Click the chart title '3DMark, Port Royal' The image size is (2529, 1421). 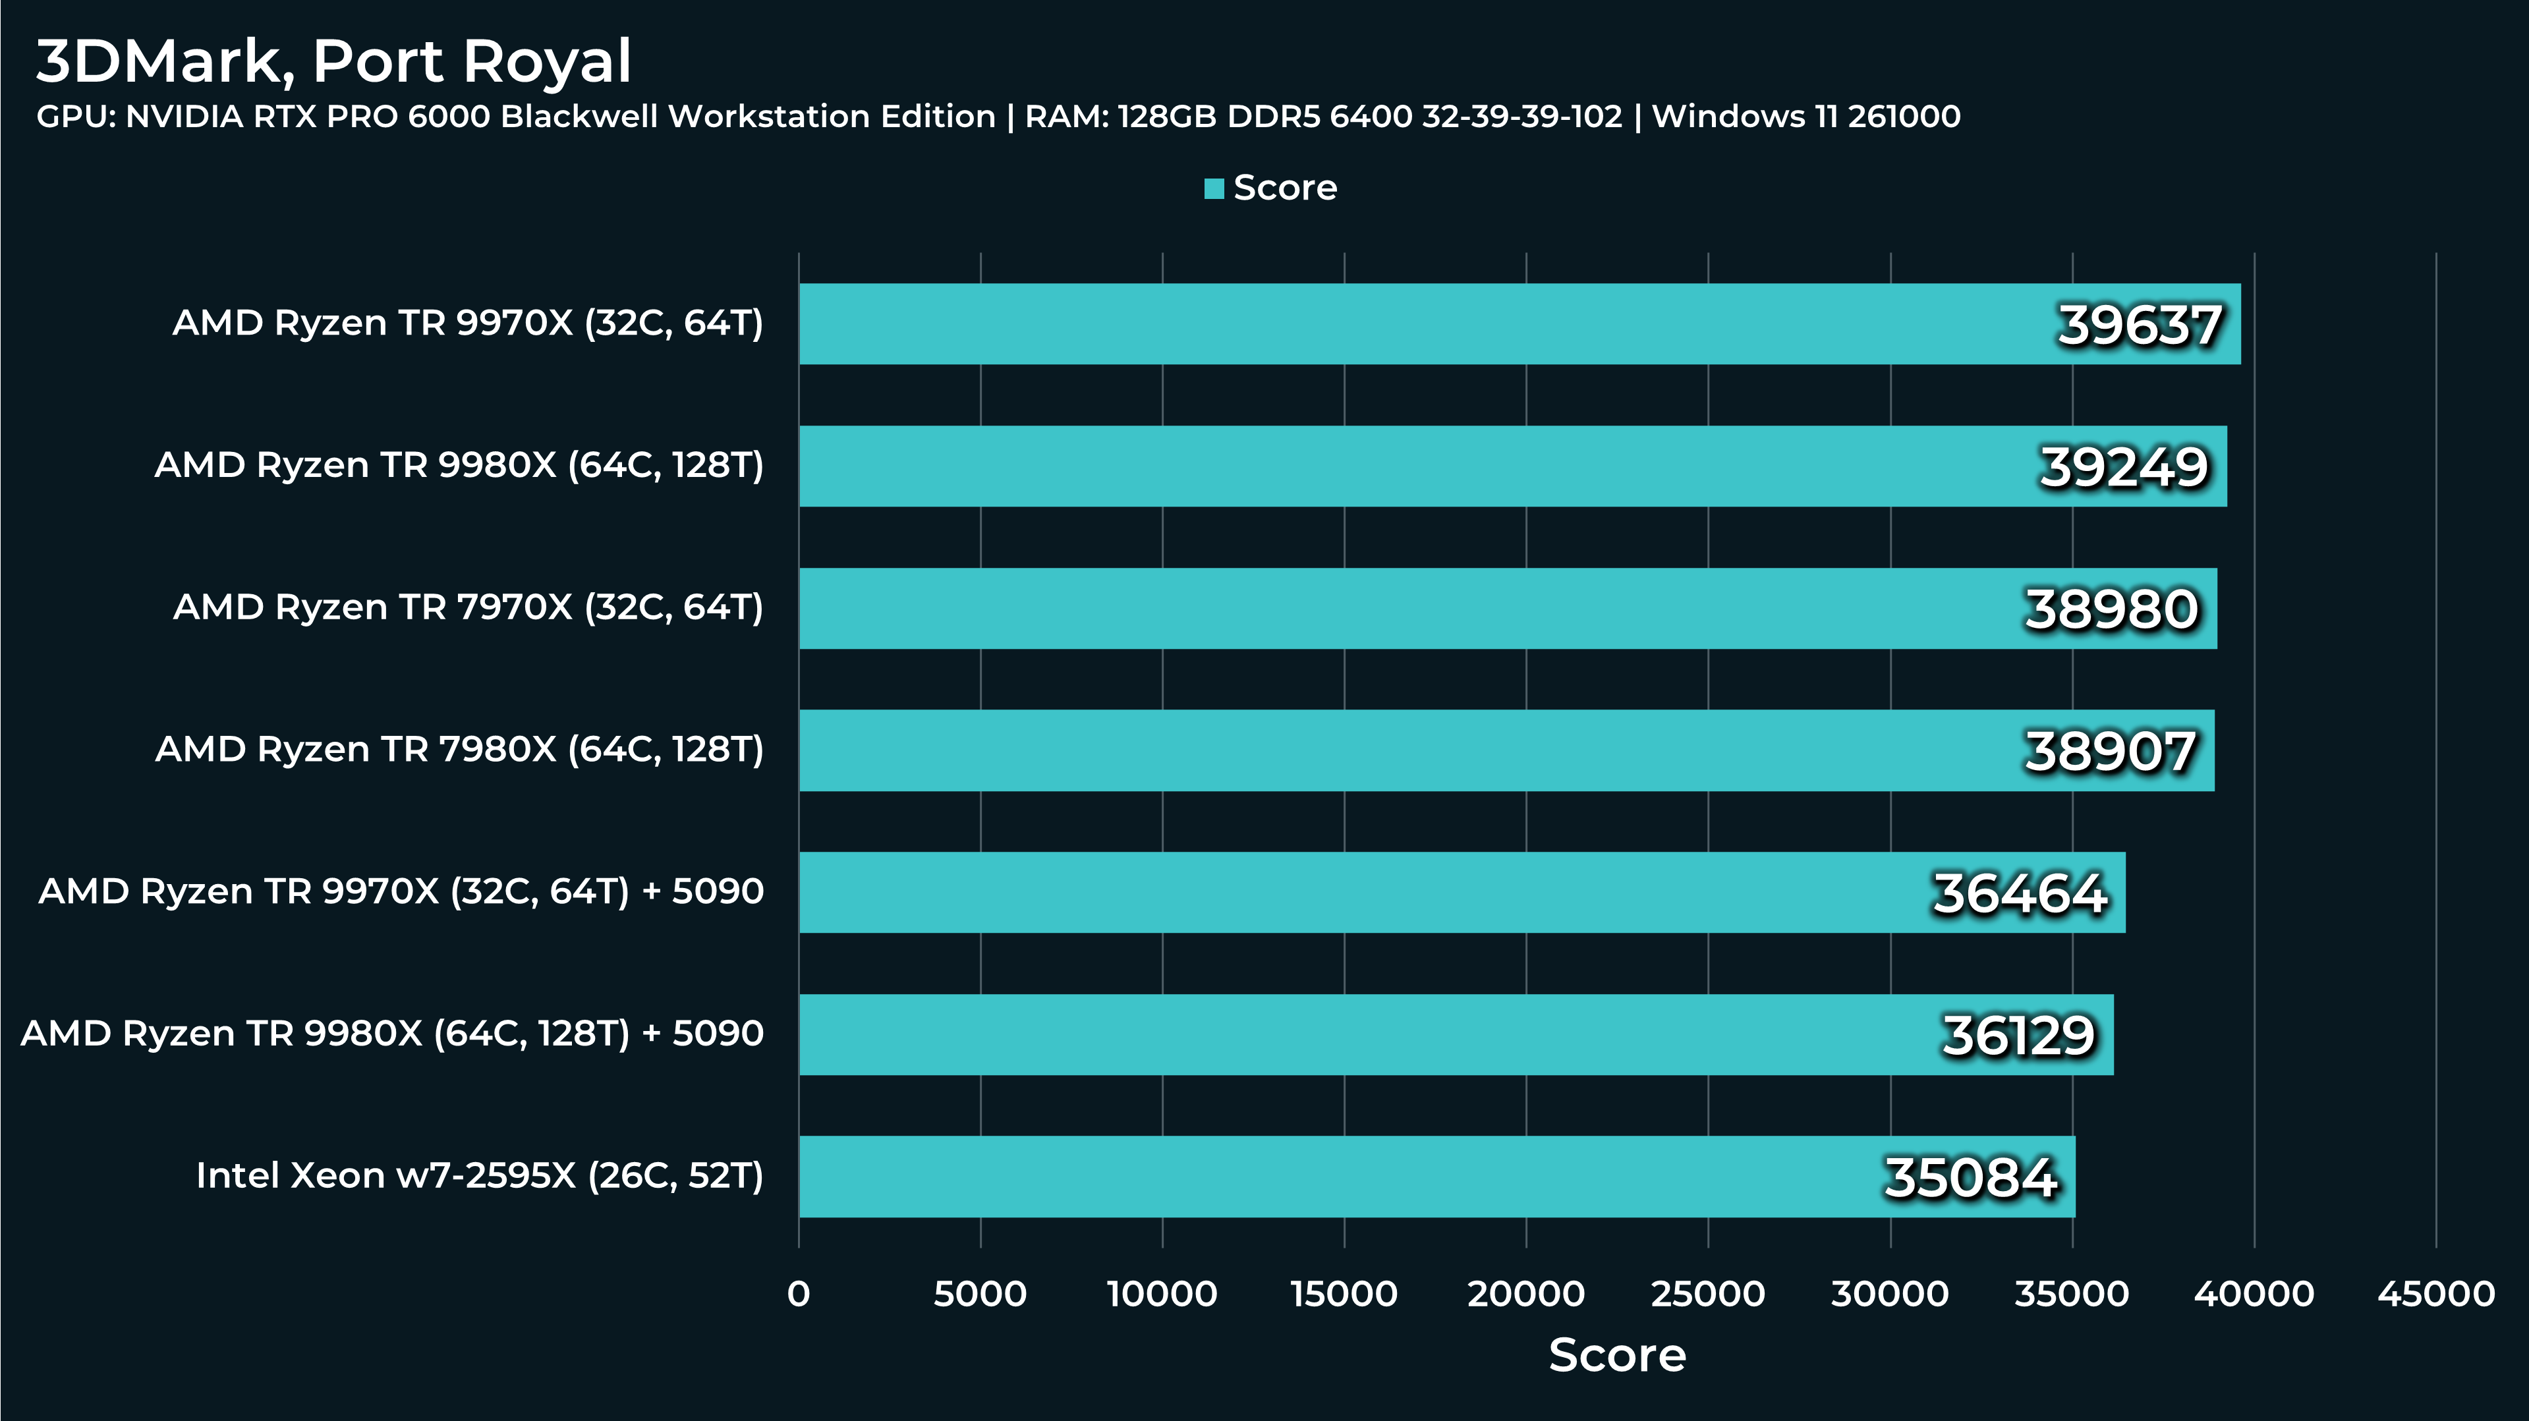point(334,62)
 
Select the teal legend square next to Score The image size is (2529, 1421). point(1214,188)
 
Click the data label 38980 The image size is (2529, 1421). point(2111,609)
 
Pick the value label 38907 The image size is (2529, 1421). point(2110,752)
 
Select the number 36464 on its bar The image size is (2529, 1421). point(2020,894)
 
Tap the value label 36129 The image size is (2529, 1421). point(2018,1036)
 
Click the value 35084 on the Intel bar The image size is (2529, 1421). point(1970,1178)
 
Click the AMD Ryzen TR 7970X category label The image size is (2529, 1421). point(469,607)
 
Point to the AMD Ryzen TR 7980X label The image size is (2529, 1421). point(459,750)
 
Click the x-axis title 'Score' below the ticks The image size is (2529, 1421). point(1617,1355)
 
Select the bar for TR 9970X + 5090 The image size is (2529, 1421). point(1375,892)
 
